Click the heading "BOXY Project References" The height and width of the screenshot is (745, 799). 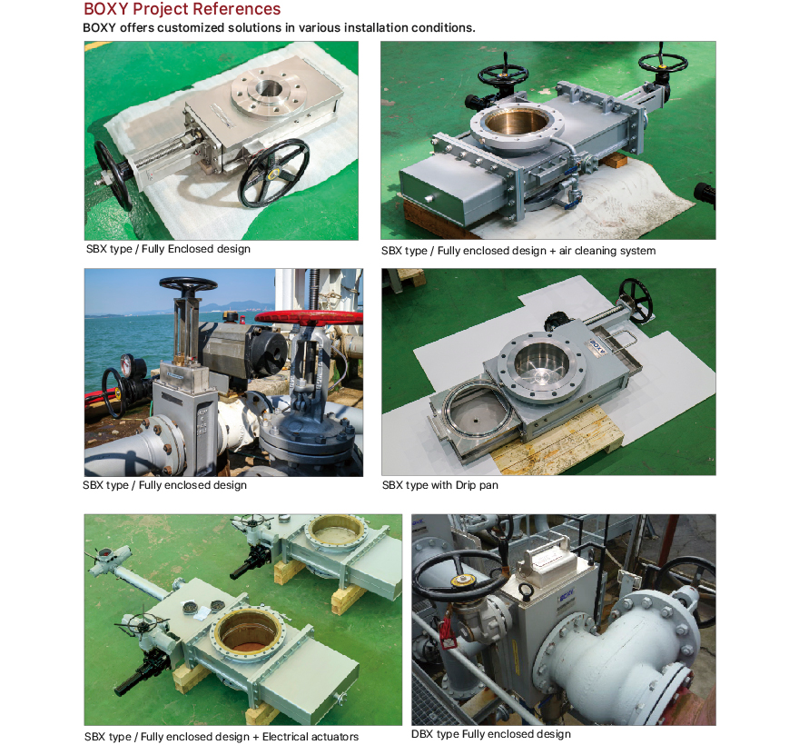pyautogui.click(x=182, y=9)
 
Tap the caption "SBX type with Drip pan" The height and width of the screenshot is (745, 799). pyautogui.click(x=439, y=485)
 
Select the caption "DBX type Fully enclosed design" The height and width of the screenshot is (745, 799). pyautogui.click(x=490, y=734)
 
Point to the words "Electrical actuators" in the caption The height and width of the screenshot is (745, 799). pyautogui.click(x=311, y=737)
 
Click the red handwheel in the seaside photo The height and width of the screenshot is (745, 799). pyautogui.click(x=309, y=318)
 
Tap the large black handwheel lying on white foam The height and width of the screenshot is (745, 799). pyautogui.click(x=274, y=173)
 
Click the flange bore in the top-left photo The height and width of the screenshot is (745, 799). pyautogui.click(x=269, y=88)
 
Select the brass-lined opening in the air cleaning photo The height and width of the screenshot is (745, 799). pyautogui.click(x=517, y=122)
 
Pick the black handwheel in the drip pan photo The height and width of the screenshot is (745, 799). pyautogui.click(x=636, y=301)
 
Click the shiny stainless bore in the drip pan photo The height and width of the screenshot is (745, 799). pyautogui.click(x=541, y=364)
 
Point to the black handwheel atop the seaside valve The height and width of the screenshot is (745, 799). pyautogui.click(x=188, y=284)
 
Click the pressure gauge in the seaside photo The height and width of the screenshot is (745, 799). pyautogui.click(x=126, y=363)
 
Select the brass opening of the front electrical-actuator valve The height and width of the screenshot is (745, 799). pyautogui.click(x=247, y=631)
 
